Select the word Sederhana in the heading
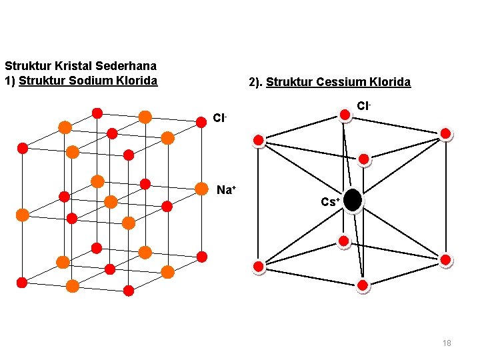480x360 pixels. point(131,66)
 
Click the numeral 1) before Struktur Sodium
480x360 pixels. point(10,81)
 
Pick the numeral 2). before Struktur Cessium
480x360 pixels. point(255,83)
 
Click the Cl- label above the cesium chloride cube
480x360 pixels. point(363,106)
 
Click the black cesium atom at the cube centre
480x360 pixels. point(353,200)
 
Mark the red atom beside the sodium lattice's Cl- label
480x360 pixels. point(201,121)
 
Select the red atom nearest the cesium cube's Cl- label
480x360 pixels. point(345,115)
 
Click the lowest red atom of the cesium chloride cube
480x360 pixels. point(363,285)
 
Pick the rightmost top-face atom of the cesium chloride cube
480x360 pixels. point(445,133)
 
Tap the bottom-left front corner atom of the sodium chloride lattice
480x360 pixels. point(22,282)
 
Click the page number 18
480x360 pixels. point(447,343)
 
